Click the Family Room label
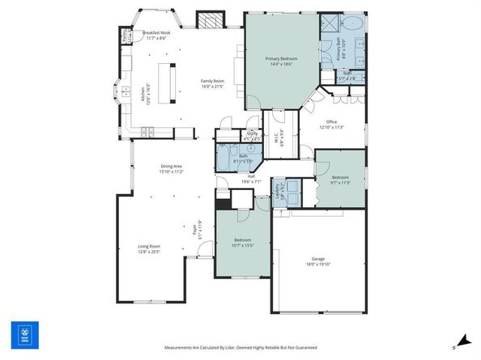212,83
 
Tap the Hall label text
251,179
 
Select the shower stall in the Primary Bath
329,23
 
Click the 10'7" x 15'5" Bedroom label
243,243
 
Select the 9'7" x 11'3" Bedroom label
340,180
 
